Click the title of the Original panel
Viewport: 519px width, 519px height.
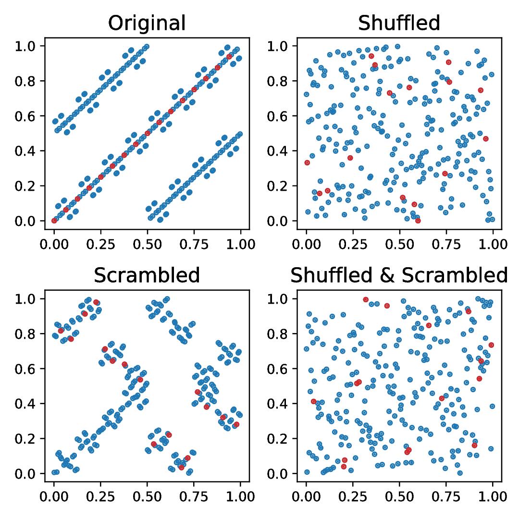point(147,23)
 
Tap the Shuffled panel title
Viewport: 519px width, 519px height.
point(399,23)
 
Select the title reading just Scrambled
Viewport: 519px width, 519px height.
point(147,275)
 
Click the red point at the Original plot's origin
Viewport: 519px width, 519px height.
point(54,221)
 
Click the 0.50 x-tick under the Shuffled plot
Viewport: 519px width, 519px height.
point(399,244)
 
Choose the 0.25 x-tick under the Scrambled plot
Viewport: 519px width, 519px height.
point(100,496)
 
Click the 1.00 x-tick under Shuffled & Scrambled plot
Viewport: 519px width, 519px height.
point(493,496)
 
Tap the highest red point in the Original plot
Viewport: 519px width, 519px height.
point(229,57)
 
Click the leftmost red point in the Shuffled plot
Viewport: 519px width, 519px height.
point(307,162)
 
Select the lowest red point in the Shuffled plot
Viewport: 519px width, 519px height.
point(418,221)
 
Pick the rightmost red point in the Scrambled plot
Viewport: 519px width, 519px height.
point(236,424)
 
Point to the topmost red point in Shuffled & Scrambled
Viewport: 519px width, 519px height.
point(366,299)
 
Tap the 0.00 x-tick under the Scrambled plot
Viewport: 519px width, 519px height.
point(54,496)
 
